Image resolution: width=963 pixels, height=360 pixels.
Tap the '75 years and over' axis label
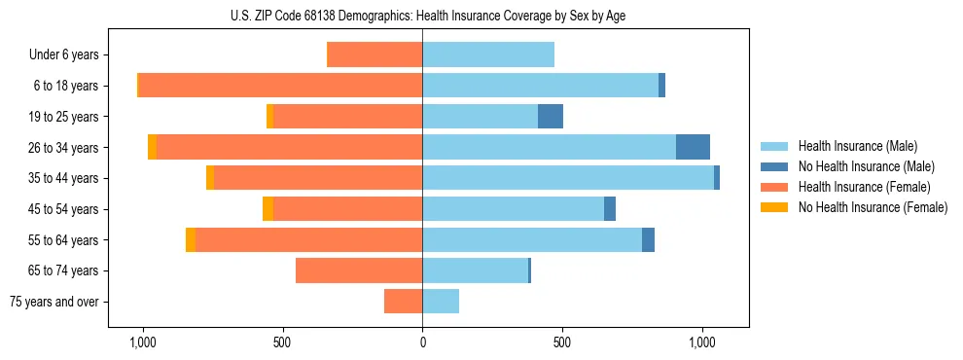(54, 302)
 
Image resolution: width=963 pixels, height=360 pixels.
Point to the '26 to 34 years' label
(65, 147)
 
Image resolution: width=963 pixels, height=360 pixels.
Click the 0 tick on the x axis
(422, 342)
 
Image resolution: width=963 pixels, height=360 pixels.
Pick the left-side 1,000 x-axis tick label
(143, 342)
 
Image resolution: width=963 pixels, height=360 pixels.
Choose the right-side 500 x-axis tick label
(561, 342)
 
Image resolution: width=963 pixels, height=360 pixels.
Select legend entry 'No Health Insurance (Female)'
(873, 207)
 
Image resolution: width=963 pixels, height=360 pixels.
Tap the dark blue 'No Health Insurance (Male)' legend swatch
(775, 166)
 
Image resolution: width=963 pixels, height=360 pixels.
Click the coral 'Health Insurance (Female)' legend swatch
(775, 187)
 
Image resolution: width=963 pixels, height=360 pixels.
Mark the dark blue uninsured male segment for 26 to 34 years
(693, 147)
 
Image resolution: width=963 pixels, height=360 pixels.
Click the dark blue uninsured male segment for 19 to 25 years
(551, 116)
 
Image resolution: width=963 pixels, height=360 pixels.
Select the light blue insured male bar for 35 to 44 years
(568, 178)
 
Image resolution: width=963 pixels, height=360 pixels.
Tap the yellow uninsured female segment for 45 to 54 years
(267, 208)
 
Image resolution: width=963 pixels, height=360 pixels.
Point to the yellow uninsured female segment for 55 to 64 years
(191, 239)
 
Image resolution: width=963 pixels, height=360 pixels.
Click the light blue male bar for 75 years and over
(441, 302)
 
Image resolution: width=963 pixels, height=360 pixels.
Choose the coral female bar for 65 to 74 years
(359, 270)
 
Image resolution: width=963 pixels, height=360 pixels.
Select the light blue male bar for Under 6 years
(488, 54)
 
